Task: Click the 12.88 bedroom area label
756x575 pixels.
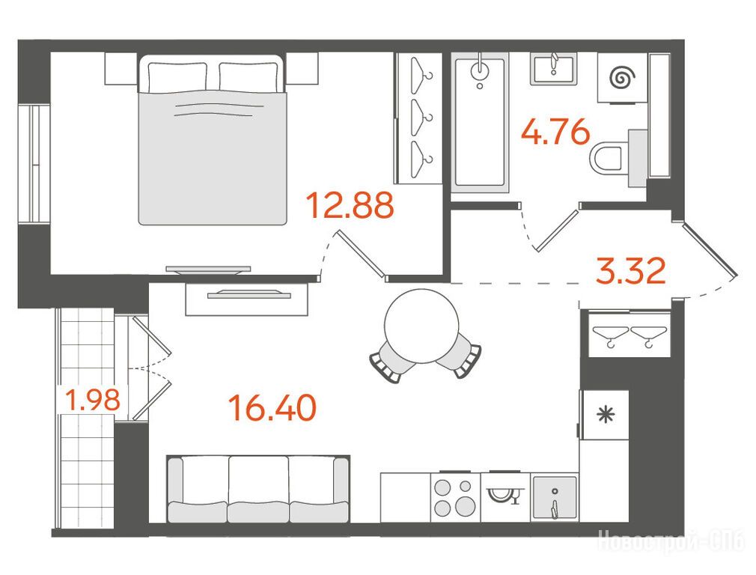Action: (x=350, y=204)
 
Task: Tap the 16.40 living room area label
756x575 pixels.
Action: (x=273, y=407)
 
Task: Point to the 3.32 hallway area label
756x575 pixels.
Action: (x=631, y=271)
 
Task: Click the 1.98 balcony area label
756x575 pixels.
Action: (x=93, y=400)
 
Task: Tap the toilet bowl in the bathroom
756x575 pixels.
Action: (x=609, y=157)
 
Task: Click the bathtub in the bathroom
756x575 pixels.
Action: (x=480, y=123)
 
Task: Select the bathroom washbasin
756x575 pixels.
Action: (x=553, y=70)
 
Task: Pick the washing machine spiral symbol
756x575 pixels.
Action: (x=623, y=77)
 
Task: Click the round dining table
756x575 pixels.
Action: (x=421, y=326)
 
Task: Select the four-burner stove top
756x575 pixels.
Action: (x=454, y=497)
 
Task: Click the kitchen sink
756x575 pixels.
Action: (x=555, y=498)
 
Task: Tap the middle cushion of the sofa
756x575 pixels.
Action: (x=258, y=489)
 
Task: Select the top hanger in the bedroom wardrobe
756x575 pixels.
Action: (x=421, y=70)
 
